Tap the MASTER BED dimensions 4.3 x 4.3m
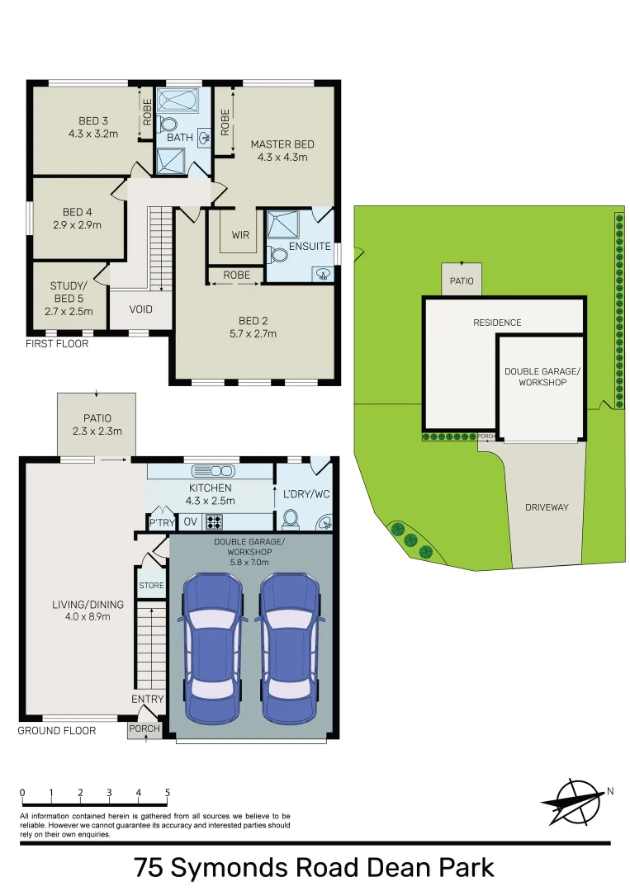(282, 157)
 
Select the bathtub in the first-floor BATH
(179, 101)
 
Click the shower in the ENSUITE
(285, 225)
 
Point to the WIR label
(240, 235)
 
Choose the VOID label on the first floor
(141, 311)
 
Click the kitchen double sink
(212, 471)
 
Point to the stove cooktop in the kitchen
(214, 521)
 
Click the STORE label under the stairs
(151, 586)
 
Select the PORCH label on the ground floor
(144, 728)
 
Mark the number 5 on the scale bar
(168, 793)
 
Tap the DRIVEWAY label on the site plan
(547, 507)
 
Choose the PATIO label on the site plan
(462, 281)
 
